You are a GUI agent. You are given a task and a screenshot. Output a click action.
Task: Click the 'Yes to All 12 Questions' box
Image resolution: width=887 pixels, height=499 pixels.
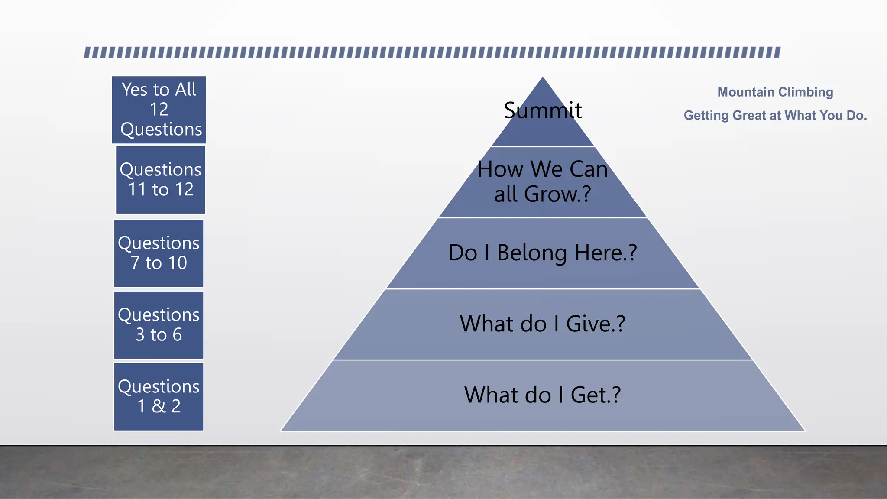click(159, 110)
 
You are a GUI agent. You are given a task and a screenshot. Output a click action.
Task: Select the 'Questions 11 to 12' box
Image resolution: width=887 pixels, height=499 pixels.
click(160, 180)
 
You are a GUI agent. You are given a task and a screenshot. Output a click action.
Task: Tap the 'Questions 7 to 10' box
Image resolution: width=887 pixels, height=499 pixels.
click(159, 253)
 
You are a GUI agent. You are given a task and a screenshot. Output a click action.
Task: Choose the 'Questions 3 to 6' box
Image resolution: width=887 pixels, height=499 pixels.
click(159, 325)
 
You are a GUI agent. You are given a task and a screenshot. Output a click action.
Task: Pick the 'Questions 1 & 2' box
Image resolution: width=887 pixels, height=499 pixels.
click(159, 397)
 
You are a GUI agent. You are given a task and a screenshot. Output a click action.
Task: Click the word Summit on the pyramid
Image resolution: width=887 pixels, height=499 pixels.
click(543, 110)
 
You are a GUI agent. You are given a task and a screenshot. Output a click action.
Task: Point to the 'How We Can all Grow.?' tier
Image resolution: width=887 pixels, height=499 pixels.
click(543, 182)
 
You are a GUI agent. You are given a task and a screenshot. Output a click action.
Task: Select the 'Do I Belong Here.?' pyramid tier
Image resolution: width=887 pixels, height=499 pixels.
click(543, 253)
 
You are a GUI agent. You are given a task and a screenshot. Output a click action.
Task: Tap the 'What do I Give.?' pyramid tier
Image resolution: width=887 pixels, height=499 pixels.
click(543, 324)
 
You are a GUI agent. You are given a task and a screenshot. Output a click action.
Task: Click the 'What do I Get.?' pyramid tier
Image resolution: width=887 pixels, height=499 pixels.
click(543, 395)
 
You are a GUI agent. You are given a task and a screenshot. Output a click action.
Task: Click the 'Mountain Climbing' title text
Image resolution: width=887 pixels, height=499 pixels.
click(775, 92)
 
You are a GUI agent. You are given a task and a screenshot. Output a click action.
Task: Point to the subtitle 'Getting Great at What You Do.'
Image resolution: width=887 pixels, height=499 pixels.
click(775, 116)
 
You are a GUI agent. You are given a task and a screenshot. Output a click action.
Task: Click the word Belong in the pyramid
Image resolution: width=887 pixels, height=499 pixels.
click(532, 253)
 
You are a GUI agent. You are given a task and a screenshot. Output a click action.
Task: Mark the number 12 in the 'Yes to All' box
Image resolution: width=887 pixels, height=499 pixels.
click(159, 109)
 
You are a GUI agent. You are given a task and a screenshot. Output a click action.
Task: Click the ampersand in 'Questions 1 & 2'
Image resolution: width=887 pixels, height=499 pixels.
click(159, 406)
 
